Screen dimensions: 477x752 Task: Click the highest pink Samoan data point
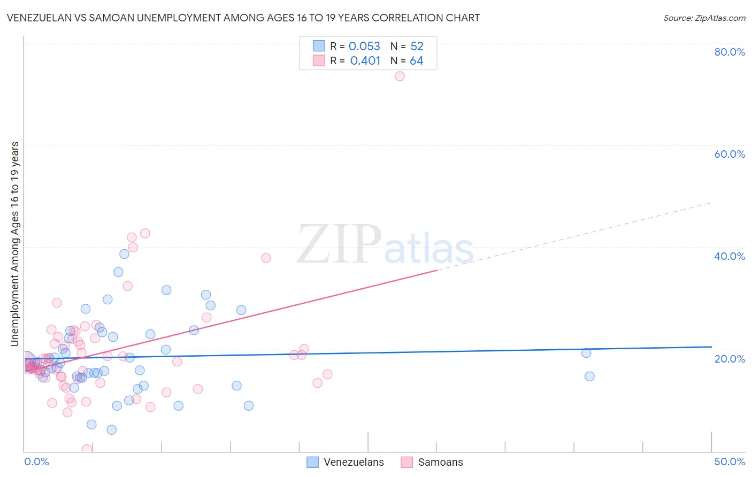(400, 76)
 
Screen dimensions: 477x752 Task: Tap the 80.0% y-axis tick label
(730, 52)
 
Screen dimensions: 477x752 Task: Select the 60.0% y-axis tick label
(730, 154)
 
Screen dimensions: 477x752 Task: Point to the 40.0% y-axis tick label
(730, 256)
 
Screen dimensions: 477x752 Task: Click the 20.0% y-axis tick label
(730, 359)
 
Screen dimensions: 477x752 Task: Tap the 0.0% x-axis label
(36, 461)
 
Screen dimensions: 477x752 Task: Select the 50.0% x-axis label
(730, 461)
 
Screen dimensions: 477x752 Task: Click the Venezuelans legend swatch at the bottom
(312, 462)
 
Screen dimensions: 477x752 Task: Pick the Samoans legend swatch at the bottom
(407, 462)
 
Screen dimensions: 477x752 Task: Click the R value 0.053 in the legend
(364, 47)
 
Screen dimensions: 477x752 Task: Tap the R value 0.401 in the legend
(365, 61)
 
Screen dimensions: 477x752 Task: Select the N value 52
(417, 47)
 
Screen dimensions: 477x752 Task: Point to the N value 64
(416, 61)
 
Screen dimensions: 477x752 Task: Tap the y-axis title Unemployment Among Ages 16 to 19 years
(15, 244)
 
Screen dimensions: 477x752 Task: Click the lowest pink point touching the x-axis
(87, 449)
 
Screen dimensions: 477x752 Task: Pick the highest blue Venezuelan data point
(124, 254)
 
